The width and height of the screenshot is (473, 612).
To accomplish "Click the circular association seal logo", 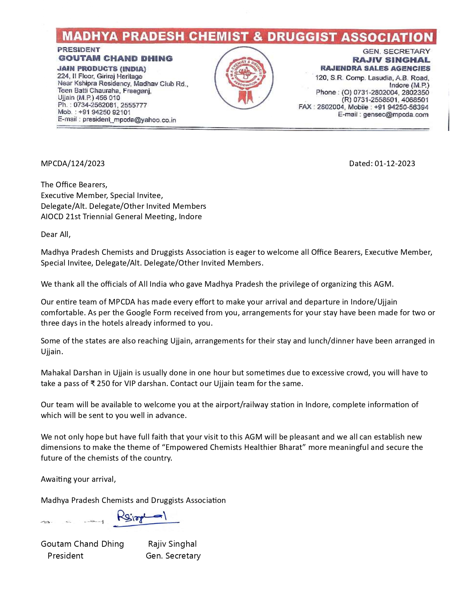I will tap(244, 78).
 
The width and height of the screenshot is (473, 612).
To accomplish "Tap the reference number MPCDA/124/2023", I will tap(73, 164).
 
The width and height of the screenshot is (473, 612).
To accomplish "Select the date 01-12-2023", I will tap(395, 164).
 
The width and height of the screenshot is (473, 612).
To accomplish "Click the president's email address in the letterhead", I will tap(129, 120).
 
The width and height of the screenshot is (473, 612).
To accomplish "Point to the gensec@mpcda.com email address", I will tap(395, 115).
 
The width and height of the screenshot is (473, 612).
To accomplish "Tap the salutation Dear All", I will tap(56, 234).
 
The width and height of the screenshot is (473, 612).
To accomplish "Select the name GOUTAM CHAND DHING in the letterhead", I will tap(115, 58).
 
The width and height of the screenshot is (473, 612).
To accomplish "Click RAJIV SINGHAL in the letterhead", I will tap(391, 60).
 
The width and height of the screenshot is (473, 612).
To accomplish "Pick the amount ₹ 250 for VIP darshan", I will tap(100, 384).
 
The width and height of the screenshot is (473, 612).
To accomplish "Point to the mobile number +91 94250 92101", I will tap(104, 112).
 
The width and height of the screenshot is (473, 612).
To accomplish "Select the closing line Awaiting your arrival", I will tap(78, 479).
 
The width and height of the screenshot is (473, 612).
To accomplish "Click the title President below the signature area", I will tap(65, 556).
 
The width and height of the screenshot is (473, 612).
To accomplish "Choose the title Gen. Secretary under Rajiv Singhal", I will tap(173, 556).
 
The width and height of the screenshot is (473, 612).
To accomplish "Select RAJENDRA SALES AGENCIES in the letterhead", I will tap(375, 68).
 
